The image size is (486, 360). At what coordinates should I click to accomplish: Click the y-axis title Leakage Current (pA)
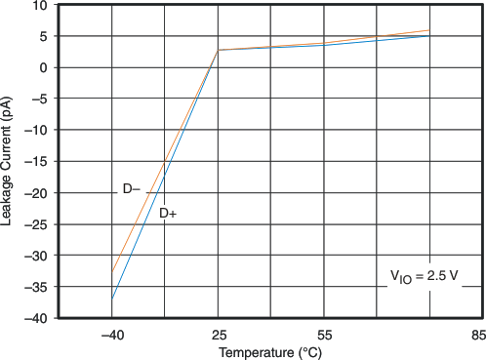click(x=8, y=161)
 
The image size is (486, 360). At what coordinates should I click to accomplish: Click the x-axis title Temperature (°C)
click(x=269, y=351)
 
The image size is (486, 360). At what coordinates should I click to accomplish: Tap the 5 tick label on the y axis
click(x=43, y=36)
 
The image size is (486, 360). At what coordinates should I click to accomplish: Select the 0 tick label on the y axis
click(x=43, y=67)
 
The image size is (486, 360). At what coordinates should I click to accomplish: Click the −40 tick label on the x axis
click(x=111, y=334)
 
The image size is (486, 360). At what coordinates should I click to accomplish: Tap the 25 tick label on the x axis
click(x=217, y=334)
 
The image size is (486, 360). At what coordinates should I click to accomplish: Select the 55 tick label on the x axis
click(x=323, y=334)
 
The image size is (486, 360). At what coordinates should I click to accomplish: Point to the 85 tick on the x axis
click(x=476, y=334)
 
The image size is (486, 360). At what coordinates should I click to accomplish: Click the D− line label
click(x=132, y=189)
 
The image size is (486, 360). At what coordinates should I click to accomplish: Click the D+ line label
click(x=168, y=212)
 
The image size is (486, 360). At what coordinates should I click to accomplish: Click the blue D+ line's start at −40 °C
click(x=111, y=299)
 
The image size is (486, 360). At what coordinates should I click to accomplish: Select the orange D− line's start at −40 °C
click(x=111, y=272)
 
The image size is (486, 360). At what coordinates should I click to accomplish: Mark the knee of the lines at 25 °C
click(x=218, y=50)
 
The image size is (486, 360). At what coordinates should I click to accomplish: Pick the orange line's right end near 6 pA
click(x=428, y=30)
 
